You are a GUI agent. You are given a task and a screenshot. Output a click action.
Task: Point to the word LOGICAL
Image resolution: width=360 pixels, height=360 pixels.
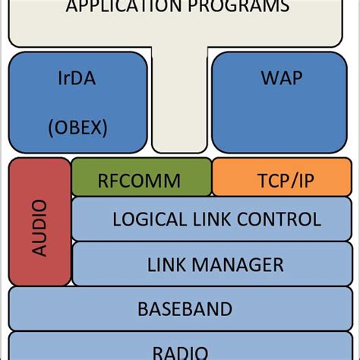(x=153, y=220)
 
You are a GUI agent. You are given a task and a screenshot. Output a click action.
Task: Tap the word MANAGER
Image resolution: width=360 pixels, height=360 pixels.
(x=239, y=264)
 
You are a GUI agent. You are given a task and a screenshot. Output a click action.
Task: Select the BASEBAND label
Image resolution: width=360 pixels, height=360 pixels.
(x=185, y=309)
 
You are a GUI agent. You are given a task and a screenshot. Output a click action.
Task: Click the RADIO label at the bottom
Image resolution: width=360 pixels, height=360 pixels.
(x=180, y=352)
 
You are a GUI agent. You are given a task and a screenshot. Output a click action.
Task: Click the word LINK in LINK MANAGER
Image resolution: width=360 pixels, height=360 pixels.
(x=168, y=264)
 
